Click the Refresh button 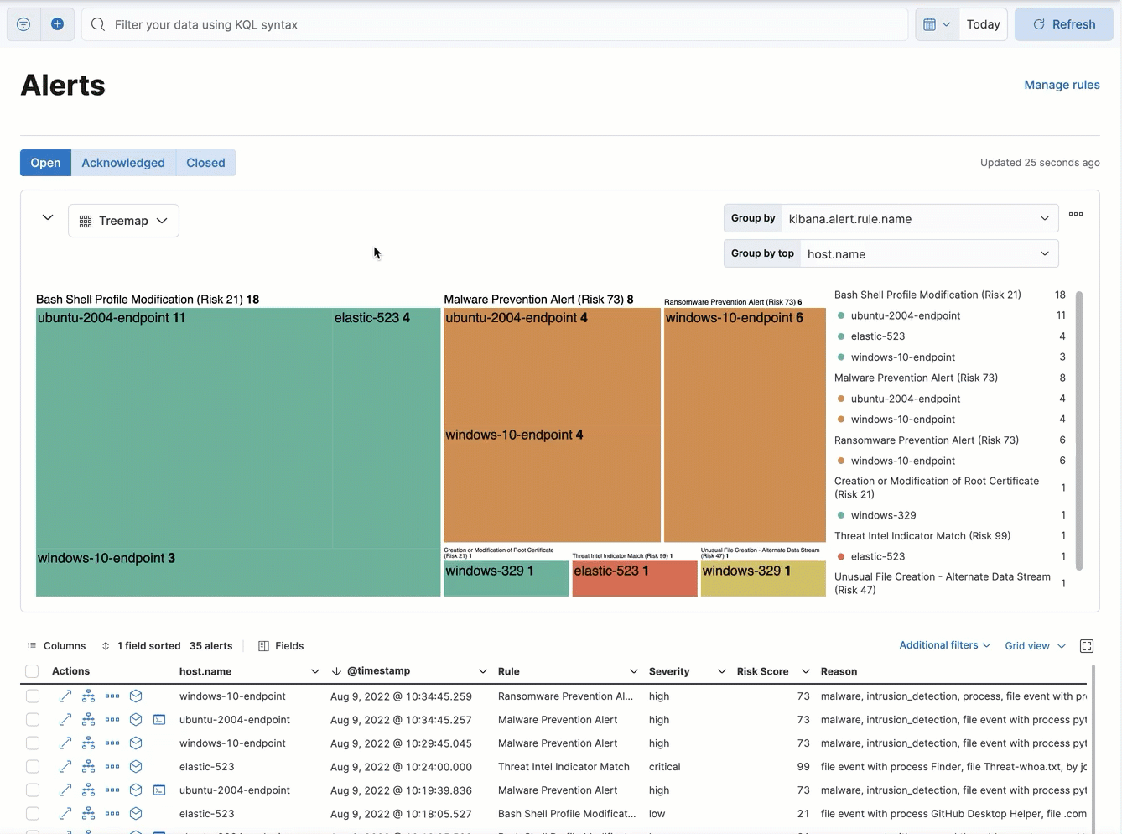pyautogui.click(x=1063, y=24)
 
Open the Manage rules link pyautogui.click(x=1062, y=85)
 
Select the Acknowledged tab pyautogui.click(x=123, y=163)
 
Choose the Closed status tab pyautogui.click(x=205, y=163)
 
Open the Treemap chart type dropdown pyautogui.click(x=123, y=221)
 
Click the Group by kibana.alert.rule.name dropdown pyautogui.click(x=919, y=219)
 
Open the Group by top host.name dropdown pyautogui.click(x=928, y=253)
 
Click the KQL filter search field pyautogui.click(x=495, y=24)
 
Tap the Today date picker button pyautogui.click(x=983, y=24)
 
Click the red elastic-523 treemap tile pyautogui.click(x=634, y=579)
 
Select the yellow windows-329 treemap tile pyautogui.click(x=762, y=579)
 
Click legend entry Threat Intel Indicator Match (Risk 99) pyautogui.click(x=922, y=536)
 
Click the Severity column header pyautogui.click(x=669, y=671)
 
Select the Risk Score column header pyautogui.click(x=762, y=671)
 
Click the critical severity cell pyautogui.click(x=664, y=767)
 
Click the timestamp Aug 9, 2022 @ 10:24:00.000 pyautogui.click(x=401, y=767)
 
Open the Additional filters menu pyautogui.click(x=944, y=645)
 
